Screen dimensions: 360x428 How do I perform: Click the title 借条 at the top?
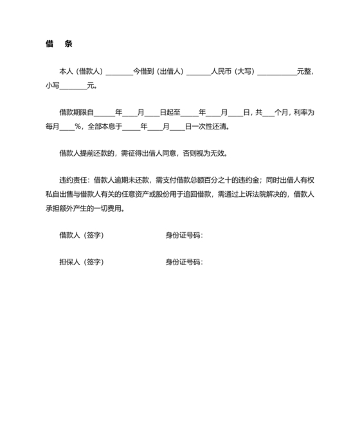click(59, 44)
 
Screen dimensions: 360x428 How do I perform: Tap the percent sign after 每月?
click(78, 126)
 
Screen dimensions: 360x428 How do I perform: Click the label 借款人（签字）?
click(81, 235)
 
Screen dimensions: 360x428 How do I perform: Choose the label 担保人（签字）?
click(81, 262)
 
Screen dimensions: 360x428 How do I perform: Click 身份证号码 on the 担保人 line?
click(183, 262)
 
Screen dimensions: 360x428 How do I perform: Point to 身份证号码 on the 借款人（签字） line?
click(183, 235)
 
